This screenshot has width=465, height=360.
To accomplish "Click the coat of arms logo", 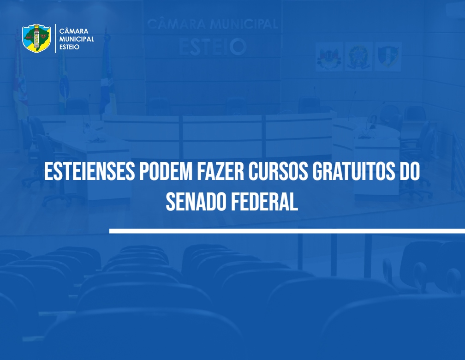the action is coord(36,38).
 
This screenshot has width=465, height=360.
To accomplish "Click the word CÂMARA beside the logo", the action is coord(73,31).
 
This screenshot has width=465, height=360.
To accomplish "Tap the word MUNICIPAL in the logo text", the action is coord(77,39).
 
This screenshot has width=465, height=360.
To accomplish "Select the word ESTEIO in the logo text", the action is coord(69,47).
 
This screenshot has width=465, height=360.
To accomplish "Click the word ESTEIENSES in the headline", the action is coord(89,171).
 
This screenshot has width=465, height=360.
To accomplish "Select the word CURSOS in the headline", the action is coord(278,171).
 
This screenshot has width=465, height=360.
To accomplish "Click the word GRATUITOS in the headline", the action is coord(354,171).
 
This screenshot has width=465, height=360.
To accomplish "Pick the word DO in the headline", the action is coord(410,171).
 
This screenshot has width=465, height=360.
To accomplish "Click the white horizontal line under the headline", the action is coord(287,231).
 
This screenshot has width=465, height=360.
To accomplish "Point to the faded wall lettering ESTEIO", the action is coord(213,47).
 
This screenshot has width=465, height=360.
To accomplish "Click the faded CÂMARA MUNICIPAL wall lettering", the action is coord(213,24).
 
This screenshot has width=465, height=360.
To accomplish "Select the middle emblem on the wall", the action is coord(358,56).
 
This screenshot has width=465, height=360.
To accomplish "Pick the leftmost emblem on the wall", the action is coord(329,56).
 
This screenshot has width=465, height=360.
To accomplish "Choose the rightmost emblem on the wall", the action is coord(388,56).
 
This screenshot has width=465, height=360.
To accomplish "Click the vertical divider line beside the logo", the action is coord(55,39).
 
